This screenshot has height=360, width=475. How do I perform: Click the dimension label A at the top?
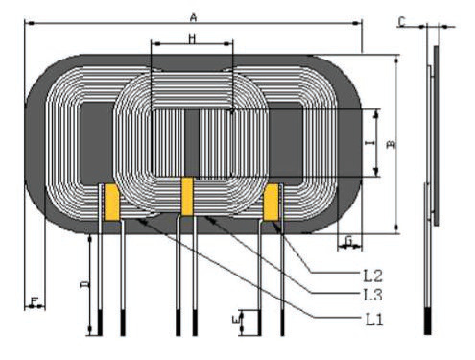[x=193, y=17]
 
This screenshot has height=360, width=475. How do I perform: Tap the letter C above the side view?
[x=401, y=20]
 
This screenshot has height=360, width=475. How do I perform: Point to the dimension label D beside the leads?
[x=84, y=285]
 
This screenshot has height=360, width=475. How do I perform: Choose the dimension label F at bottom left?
[x=36, y=302]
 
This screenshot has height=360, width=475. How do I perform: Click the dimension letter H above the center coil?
[x=192, y=37]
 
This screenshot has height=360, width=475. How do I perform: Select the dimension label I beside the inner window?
[x=369, y=143]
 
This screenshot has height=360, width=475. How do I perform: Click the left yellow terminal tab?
[x=111, y=203]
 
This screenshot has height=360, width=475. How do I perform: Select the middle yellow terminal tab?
[x=188, y=197]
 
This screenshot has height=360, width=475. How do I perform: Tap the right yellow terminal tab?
[x=272, y=203]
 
